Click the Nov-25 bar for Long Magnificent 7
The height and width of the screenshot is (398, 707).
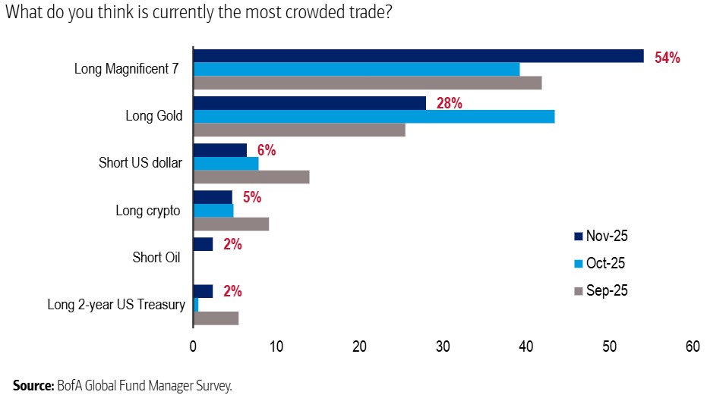[x=418, y=56]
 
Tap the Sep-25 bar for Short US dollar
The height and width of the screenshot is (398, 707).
[x=251, y=177]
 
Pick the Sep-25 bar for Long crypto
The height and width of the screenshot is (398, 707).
[x=231, y=224]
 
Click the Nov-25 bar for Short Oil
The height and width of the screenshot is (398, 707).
[x=203, y=244]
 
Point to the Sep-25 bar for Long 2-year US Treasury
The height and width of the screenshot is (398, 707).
[x=216, y=318]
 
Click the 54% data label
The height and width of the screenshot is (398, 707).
[x=667, y=58]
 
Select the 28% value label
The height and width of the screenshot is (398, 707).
[x=449, y=104]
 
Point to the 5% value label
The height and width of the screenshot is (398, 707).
[x=251, y=198]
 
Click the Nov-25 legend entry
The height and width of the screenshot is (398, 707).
[x=606, y=236]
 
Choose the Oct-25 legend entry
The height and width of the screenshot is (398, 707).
[x=606, y=263]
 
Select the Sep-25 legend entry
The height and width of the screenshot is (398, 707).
[x=606, y=290]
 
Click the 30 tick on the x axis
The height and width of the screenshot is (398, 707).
[x=443, y=346]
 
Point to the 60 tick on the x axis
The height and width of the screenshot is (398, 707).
[x=692, y=346]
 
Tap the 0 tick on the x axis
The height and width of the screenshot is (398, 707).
[x=194, y=346]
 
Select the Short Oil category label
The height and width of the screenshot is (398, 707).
[x=156, y=257]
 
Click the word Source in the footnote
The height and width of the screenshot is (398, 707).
[x=33, y=385]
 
